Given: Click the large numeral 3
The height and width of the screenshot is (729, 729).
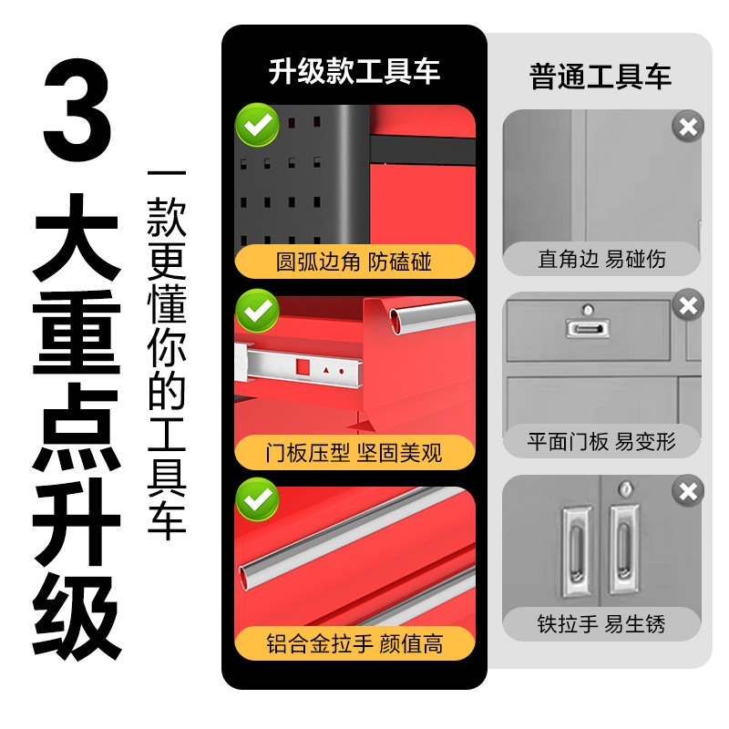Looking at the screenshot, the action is pos(77,110).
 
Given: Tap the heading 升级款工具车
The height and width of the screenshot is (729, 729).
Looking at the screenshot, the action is pos(354,72).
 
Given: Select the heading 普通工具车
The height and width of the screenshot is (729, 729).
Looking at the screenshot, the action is pos(601,77).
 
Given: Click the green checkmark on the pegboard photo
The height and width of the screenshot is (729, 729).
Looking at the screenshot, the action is pos(258,125).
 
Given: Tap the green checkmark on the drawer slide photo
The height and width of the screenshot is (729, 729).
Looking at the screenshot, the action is pos(258,311).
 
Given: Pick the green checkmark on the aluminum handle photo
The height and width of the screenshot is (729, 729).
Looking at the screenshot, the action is pos(258,499).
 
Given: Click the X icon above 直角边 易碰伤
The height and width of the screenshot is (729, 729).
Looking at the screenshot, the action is pos(688,127).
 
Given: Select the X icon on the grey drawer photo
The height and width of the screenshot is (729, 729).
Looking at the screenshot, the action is pos(688,305).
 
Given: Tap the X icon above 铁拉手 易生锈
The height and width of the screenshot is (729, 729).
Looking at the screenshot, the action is pos(688,491).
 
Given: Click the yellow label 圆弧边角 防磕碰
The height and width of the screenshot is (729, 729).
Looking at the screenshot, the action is pos(354,262).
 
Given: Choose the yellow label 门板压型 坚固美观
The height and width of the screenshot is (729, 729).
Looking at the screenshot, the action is pos(354,452).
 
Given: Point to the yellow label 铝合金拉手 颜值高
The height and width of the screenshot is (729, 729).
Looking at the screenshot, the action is pos(354,643).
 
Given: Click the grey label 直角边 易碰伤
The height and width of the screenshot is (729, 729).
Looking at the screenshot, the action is pos(601,259).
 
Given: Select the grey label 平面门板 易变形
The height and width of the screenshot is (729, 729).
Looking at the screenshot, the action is pos(601,441).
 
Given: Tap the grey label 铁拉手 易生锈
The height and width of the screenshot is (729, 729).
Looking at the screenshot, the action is pos(601,624).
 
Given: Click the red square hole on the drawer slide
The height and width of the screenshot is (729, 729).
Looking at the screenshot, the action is pos(303,367).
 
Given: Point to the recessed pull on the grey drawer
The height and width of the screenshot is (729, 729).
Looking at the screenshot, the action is pos(588,329).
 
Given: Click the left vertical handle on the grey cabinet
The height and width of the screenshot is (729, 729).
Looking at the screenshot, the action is pos(577,551).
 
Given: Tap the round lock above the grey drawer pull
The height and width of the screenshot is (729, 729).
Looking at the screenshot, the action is pos(588,309).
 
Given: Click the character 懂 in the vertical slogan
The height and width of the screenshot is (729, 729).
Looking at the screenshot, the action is pos(167,303).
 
